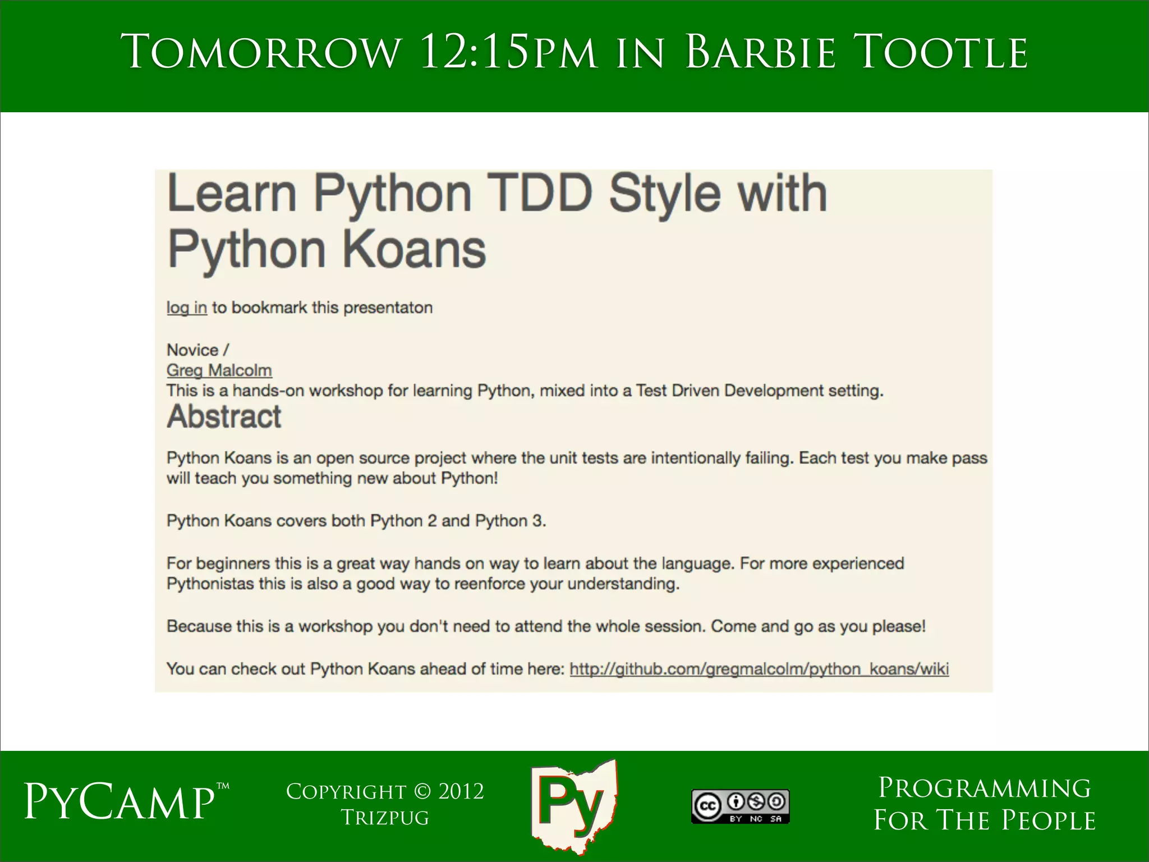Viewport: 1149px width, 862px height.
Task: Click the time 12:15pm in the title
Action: click(x=508, y=53)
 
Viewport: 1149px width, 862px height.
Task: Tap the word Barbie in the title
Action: click(x=760, y=53)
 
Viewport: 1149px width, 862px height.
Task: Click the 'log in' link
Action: click(x=187, y=308)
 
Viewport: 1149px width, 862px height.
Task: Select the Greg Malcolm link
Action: click(x=219, y=370)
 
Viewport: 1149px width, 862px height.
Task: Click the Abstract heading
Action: click(x=224, y=416)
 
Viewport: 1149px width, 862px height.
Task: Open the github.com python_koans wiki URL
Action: click(x=759, y=669)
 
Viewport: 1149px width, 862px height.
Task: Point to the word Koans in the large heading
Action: click(x=413, y=250)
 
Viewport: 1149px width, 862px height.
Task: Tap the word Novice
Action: click(x=192, y=350)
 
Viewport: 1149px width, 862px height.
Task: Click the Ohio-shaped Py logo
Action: click(x=573, y=806)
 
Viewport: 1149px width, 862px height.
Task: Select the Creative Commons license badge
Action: click(x=740, y=806)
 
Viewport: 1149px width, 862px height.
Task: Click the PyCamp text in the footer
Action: click(x=119, y=803)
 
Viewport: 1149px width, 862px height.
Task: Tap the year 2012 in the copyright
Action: click(x=461, y=792)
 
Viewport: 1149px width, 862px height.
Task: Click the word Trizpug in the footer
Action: click(x=385, y=818)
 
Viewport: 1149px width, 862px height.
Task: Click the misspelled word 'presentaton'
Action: click(x=388, y=308)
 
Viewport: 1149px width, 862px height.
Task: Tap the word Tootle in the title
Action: click(x=943, y=53)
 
